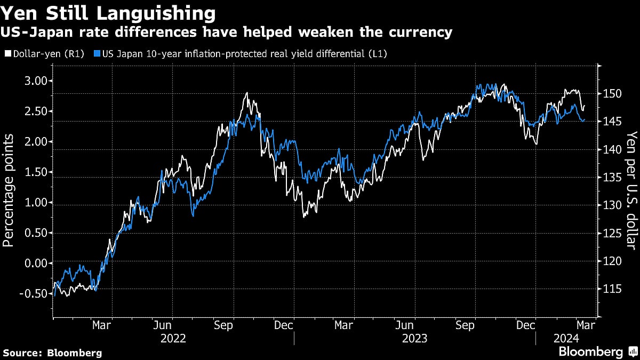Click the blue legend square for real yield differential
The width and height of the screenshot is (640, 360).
(97, 54)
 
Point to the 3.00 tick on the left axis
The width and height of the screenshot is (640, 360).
(36, 81)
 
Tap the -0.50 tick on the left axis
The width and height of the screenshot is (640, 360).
(33, 293)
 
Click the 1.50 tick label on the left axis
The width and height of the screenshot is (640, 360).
(36, 172)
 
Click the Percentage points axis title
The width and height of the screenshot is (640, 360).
(8, 190)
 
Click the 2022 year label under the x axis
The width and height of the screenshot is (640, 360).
(173, 338)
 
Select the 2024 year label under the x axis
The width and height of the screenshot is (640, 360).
(564, 338)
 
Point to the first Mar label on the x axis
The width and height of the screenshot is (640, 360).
(102, 325)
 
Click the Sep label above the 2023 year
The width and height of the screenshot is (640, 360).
(466, 325)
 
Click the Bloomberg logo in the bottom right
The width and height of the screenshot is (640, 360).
(596, 351)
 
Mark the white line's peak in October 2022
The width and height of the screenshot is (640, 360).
(246, 93)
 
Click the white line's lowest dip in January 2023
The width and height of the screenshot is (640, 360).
(304, 216)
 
